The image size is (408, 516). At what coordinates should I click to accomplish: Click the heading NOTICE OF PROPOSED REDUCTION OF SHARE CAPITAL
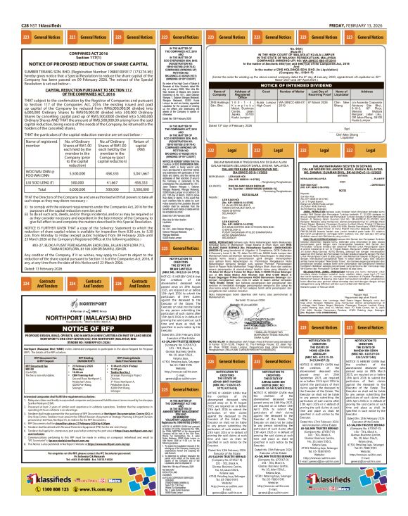(x=78, y=44)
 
